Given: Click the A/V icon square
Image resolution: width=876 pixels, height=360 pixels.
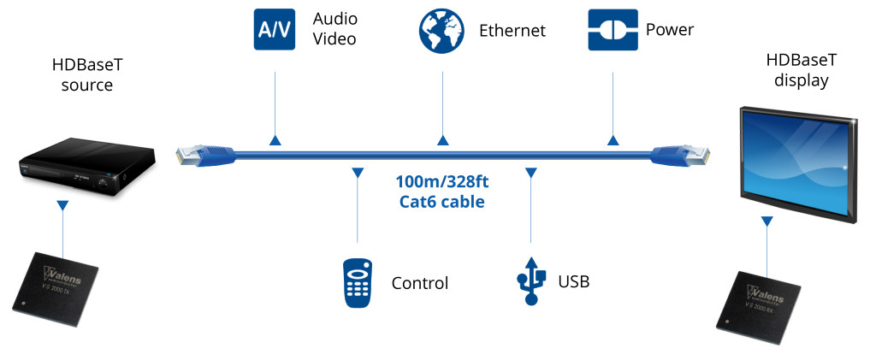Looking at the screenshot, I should [275, 30].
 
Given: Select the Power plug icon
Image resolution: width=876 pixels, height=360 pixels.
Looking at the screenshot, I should [613, 30].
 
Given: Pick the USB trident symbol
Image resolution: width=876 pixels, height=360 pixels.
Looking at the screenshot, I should [530, 280].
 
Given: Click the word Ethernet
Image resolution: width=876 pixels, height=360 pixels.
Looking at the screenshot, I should [512, 31].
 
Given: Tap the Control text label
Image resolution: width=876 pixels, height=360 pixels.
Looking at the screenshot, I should [419, 283].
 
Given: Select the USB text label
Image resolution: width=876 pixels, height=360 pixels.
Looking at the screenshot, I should [573, 281].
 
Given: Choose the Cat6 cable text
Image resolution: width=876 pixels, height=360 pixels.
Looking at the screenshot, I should [441, 202].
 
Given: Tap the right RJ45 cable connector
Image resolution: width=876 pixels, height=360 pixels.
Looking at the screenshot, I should [681, 155].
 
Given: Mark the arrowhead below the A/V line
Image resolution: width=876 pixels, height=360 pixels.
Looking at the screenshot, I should [275, 139].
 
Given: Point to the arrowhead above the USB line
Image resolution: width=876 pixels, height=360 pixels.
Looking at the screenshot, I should [530, 173].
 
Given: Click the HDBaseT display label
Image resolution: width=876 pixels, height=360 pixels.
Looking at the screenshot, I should [801, 72].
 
